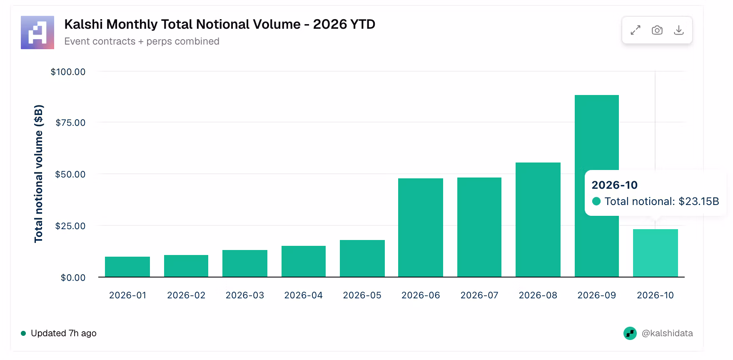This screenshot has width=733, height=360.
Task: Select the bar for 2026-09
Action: pyautogui.click(x=596, y=186)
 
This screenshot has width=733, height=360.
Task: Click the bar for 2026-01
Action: pyautogui.click(x=127, y=267)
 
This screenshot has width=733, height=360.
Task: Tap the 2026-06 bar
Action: pyautogui.click(x=421, y=227)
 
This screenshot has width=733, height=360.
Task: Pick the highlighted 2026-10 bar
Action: pyautogui.click(x=656, y=253)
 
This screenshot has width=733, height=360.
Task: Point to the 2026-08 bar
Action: pyautogui.click(x=538, y=220)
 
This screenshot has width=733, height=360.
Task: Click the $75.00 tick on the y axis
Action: pyautogui.click(x=70, y=122)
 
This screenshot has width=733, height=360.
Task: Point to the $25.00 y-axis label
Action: pyautogui.click(x=70, y=226)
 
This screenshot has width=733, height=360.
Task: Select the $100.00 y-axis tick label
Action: pyautogui.click(x=68, y=72)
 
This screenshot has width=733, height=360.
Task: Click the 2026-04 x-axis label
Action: pyautogui.click(x=303, y=295)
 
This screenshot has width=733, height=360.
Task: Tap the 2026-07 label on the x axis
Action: pyautogui.click(x=479, y=295)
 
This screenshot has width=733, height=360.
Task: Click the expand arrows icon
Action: pyautogui.click(x=636, y=30)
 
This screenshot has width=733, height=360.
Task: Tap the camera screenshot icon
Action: pyautogui.click(x=657, y=30)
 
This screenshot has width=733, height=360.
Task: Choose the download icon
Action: pyautogui.click(x=679, y=30)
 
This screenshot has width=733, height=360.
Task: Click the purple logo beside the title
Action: pyautogui.click(x=37, y=32)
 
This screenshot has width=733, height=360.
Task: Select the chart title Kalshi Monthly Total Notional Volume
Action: pyautogui.click(x=182, y=24)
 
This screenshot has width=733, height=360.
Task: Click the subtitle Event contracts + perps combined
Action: pyautogui.click(x=142, y=41)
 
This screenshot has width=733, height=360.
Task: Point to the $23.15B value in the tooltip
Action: pyautogui.click(x=699, y=201)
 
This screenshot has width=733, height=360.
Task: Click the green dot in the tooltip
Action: pyautogui.click(x=596, y=201)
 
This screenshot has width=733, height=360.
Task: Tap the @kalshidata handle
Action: pyautogui.click(x=667, y=333)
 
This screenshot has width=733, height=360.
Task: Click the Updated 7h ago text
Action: pyautogui.click(x=64, y=333)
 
